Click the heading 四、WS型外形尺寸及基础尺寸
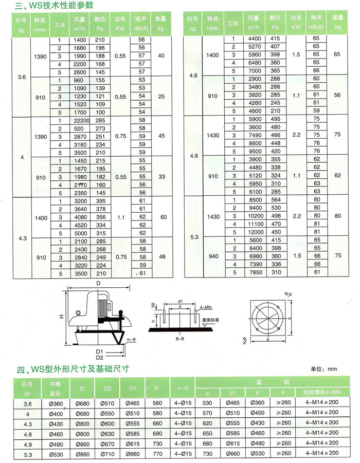pyautogui.click(x=72, y=369)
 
